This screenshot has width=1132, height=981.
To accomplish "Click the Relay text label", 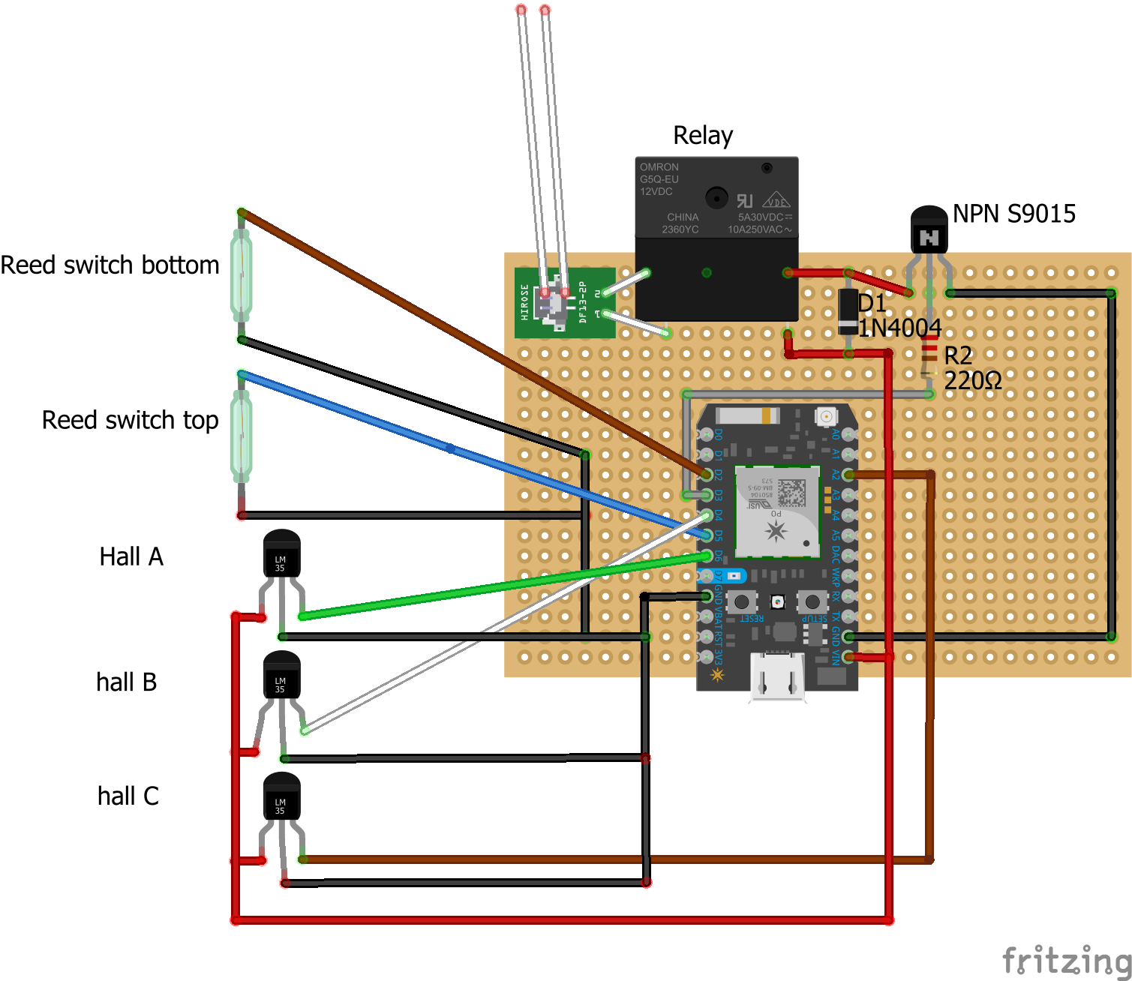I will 703,136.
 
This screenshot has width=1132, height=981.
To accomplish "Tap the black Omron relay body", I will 716,238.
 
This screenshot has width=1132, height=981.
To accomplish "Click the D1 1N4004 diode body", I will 848,311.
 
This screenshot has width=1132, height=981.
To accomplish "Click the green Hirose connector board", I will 564,303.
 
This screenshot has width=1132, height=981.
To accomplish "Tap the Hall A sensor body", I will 281,555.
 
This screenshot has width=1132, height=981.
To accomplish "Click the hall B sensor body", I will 281,676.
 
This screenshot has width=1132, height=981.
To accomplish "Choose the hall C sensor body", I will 281,797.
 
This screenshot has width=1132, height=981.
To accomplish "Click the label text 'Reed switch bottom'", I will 110,265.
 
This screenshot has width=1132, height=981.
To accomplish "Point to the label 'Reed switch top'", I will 130,421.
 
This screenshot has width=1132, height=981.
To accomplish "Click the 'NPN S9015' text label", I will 1013,214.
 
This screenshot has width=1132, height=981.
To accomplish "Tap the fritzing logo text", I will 1066,960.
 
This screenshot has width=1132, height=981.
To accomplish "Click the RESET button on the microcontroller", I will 742,601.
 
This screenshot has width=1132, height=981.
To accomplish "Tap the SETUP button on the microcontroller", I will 812,601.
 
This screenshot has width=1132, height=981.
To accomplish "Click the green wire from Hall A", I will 503,586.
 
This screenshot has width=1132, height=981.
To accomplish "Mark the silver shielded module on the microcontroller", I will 776,511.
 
